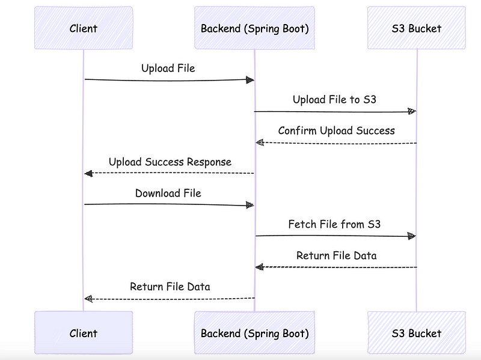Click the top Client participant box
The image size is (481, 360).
coord(84,28)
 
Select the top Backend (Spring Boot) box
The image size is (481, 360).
coord(254,28)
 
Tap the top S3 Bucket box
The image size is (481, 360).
coord(417,28)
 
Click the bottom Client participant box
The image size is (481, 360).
coord(84,333)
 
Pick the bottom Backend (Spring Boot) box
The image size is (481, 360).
coord(254,333)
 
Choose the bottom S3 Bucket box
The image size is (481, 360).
coord(417,333)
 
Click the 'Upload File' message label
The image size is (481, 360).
coord(168,68)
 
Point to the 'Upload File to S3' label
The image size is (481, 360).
coord(334,99)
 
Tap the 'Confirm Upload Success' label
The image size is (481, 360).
coord(337,130)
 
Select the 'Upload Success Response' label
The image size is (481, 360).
coord(170,162)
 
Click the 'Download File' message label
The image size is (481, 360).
coord(168,193)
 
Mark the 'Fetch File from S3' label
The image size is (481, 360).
coord(334,224)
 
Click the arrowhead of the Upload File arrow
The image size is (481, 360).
coord(250,80)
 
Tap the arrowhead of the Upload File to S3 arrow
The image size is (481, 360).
coord(412,111)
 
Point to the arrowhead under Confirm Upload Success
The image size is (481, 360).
coord(260,142)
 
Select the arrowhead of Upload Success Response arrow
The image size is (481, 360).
coord(88,174)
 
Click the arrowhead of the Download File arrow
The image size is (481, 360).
coord(250,205)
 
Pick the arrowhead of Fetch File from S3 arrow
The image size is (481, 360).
coord(412,236)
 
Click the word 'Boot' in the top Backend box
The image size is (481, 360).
coord(296,28)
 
